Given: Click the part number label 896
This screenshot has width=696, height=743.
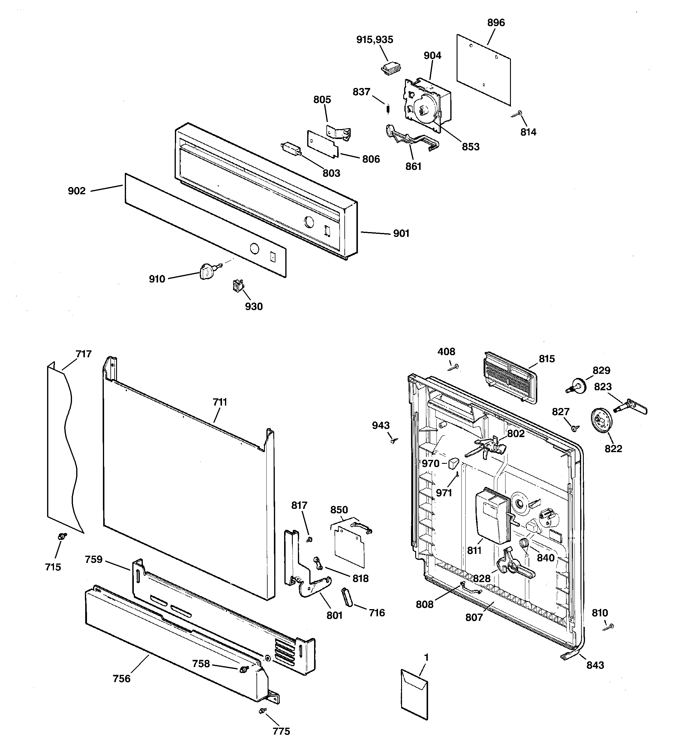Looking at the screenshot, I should (x=496, y=23).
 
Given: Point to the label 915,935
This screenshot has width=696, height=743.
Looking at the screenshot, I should (x=374, y=40).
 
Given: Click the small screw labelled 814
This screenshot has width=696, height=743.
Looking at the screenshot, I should (x=517, y=113).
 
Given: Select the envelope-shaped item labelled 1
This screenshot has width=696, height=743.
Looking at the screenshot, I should (x=414, y=696).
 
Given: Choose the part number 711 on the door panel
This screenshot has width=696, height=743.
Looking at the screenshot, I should (x=220, y=402).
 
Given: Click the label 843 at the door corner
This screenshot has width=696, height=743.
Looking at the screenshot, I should (x=595, y=665).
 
